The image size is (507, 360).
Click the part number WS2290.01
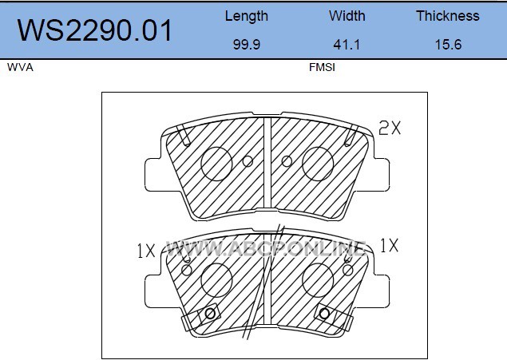point(94,30)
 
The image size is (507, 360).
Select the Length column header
point(247,16)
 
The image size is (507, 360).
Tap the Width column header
point(347,16)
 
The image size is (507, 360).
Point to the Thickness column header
point(447,16)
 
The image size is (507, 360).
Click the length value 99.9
point(247,44)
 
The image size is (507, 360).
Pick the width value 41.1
point(347,44)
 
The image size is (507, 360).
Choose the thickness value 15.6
point(448,44)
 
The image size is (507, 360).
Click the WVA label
point(20,67)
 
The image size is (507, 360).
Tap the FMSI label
point(322,67)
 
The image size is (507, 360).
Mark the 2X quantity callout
point(390,128)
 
